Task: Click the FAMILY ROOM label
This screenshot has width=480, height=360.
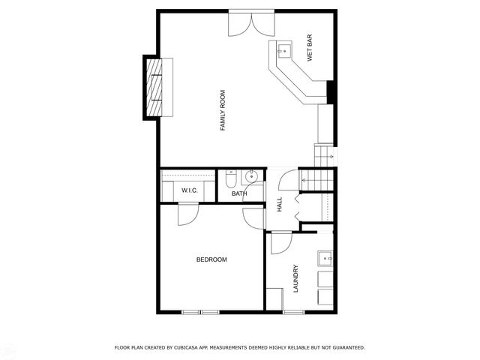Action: pos(223,111)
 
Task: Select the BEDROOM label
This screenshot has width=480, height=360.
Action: pos(211,259)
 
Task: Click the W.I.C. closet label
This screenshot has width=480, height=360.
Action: pos(189,191)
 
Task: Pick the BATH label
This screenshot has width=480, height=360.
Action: pos(239,193)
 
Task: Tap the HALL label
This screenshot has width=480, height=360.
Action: pos(279,204)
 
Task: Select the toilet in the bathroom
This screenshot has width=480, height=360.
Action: pos(230,179)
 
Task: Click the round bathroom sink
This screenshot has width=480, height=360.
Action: pos(253,178)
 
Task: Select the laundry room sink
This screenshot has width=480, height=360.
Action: pos(325,259)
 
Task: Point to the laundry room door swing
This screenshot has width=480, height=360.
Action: pos(280,242)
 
